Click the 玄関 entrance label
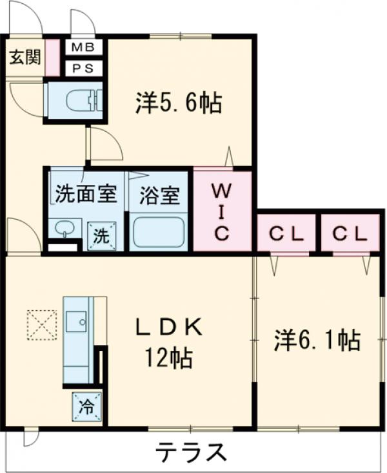pyautogui.click(x=25, y=57)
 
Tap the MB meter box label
pyautogui.click(x=83, y=47)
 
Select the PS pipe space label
pyautogui.click(x=83, y=67)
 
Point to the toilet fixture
pyautogui.click(x=83, y=100)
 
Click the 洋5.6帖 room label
pyautogui.click(x=179, y=103)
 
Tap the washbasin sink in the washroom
pyautogui.click(x=65, y=227)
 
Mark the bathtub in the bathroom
pyautogui.click(x=158, y=233)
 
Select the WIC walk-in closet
pyautogui.click(x=222, y=212)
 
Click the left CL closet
pyautogui.click(x=286, y=234)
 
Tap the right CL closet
pyautogui.click(x=352, y=234)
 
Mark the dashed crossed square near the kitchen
pyautogui.click(x=42, y=324)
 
